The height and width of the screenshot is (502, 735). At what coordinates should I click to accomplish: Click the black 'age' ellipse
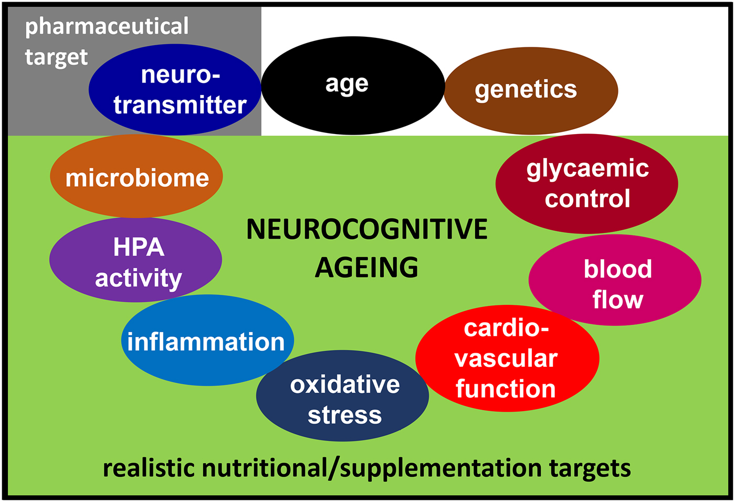coord(353,86)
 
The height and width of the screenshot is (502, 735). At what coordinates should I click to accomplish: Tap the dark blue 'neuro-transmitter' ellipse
coord(175,90)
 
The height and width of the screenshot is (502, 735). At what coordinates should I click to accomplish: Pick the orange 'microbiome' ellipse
coord(136,177)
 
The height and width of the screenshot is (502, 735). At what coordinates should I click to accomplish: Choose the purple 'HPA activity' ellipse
coord(135,260)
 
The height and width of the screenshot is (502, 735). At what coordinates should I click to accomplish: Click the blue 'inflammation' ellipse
coord(207,341)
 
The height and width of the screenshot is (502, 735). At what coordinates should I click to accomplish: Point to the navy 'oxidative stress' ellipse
coord(342,396)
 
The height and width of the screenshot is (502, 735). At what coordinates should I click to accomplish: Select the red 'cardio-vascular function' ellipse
coord(507,358)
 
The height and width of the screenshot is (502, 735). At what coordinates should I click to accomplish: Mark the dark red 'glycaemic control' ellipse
coord(586,183)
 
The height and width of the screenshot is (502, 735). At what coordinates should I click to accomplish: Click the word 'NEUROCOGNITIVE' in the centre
coord(367,230)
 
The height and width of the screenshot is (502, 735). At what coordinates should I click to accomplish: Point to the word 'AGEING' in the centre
coord(366,268)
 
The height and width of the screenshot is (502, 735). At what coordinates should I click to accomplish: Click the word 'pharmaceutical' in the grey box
coord(107,26)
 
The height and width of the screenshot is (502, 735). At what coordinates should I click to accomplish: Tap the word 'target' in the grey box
coord(56,57)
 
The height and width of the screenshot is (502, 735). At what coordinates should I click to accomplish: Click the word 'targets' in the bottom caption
coord(590,468)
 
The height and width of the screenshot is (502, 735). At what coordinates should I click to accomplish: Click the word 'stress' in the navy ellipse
coord(344,415)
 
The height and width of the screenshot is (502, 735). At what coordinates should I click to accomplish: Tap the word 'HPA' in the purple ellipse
coord(139,247)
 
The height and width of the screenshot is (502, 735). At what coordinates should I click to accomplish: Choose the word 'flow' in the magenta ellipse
coord(617,300)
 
